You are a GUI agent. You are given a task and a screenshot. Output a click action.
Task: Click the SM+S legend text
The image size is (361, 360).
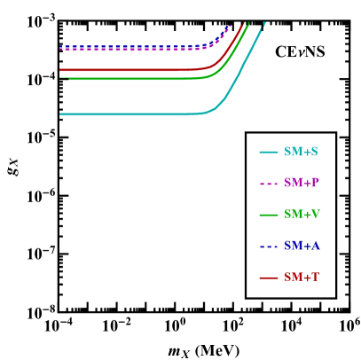pos(301,152)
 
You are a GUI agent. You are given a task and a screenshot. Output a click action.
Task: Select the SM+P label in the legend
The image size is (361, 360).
pos(302,183)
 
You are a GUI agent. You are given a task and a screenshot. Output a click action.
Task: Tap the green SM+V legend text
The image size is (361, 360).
pos(302,215)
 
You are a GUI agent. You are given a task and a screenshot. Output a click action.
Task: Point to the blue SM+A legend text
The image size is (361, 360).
pos(302,246)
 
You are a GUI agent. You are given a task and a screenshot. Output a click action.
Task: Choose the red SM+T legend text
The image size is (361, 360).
pos(302,278)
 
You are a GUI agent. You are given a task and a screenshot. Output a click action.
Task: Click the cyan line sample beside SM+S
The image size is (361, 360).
pos(269,152)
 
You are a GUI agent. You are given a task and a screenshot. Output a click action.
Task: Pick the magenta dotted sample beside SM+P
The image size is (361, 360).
pos(269,184)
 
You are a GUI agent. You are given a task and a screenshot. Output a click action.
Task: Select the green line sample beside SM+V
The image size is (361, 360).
pos(269,215)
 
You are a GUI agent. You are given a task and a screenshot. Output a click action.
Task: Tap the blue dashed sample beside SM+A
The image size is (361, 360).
pos(269,246)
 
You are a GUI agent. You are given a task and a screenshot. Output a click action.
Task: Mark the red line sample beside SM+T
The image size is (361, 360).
pos(269,278)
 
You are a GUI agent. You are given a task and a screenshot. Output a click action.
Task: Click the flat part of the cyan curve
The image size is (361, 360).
pos(124,114)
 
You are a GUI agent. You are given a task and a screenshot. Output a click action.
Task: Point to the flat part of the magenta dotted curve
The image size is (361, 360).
pos(124,49)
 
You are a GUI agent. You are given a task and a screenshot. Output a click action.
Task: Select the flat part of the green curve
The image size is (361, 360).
pos(124,79)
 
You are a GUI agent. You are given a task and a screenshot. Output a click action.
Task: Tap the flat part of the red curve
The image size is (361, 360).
pos(124,69)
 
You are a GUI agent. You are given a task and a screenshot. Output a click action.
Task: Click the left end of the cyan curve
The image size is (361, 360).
pos(60,114)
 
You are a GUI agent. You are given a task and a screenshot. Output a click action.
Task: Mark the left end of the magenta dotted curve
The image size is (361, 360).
pos(60,49)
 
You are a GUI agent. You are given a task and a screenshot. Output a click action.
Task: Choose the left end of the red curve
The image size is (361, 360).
pos(60,69)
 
